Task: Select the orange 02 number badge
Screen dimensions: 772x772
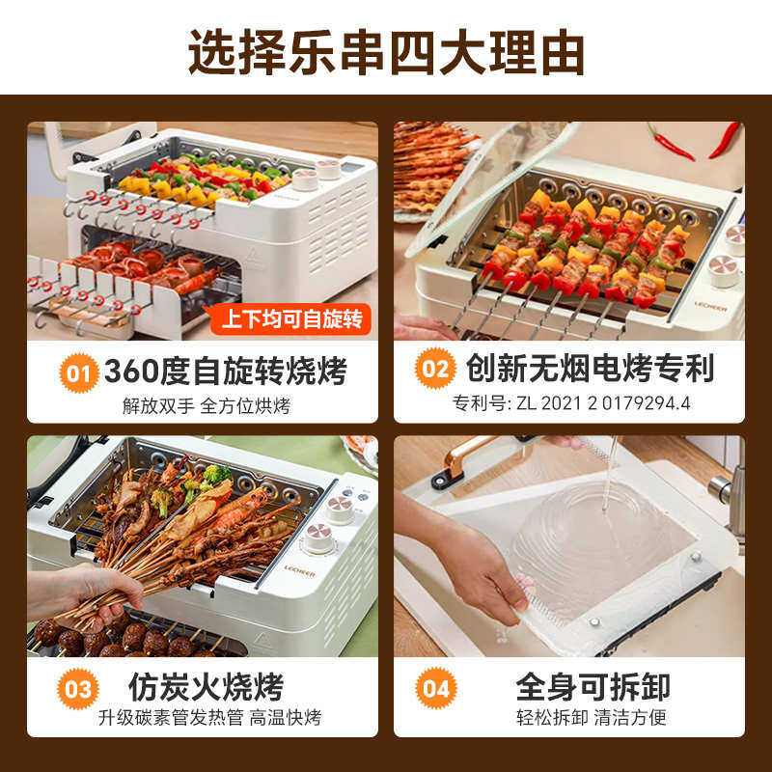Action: coord(435,369)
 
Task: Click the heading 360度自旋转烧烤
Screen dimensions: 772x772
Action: coord(224,370)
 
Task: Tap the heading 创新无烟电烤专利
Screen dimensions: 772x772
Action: coord(590,368)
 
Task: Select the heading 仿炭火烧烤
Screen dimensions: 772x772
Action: coord(207,687)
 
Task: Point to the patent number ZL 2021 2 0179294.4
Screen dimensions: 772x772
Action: coord(572,401)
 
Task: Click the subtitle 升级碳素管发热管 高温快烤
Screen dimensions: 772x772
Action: coord(209,718)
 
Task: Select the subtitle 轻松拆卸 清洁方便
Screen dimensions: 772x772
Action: coord(591,718)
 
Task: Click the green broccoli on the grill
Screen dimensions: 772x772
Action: coord(214,476)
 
